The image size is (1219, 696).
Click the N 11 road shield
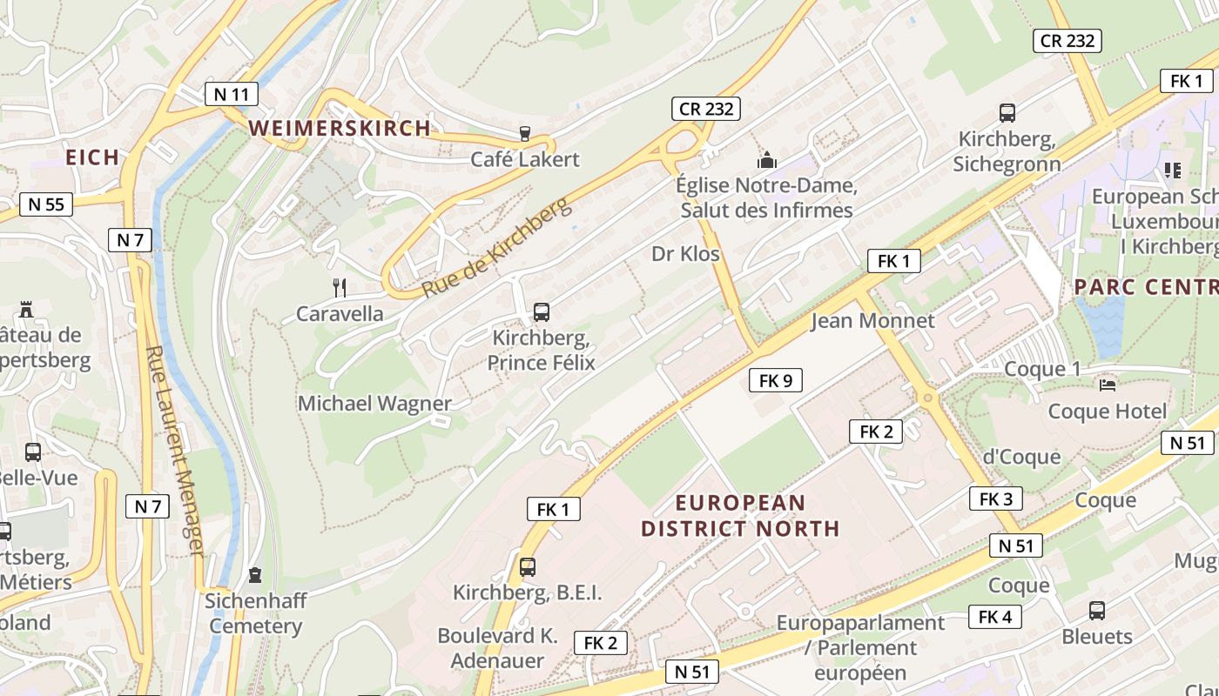tap(232, 94)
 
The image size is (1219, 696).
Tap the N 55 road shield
tap(46, 204)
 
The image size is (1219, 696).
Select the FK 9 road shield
tap(775, 380)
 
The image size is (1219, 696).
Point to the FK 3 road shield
tap(995, 499)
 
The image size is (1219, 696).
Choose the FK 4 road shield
tap(994, 617)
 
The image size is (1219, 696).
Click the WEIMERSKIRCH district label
tap(340, 128)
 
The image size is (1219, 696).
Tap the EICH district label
tap(92, 157)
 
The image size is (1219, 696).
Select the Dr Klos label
tap(685, 254)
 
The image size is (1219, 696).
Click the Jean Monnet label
tap(872, 320)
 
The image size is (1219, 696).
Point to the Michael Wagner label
tap(374, 403)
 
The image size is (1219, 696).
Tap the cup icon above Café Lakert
tap(524, 133)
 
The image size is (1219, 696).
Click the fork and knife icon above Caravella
tap(340, 287)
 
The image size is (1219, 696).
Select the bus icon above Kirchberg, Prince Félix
tap(541, 311)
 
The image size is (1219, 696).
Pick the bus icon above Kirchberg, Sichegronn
tap(1007, 113)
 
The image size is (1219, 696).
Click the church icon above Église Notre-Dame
tap(766, 160)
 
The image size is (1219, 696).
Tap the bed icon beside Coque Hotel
tap(1107, 384)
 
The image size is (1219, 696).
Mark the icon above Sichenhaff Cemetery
tap(254, 575)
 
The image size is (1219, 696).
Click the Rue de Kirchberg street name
tap(497, 247)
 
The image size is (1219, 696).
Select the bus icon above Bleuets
tap(1096, 610)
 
